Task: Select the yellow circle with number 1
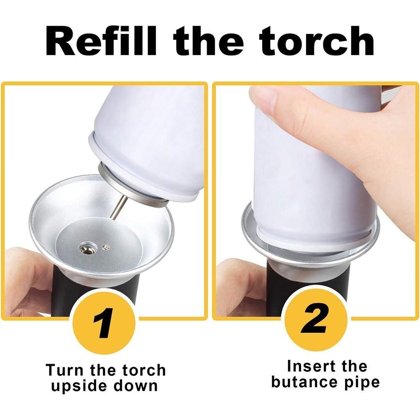pos(104,323)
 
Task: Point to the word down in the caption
pos(136,386)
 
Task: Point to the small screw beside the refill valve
pos(106,247)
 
